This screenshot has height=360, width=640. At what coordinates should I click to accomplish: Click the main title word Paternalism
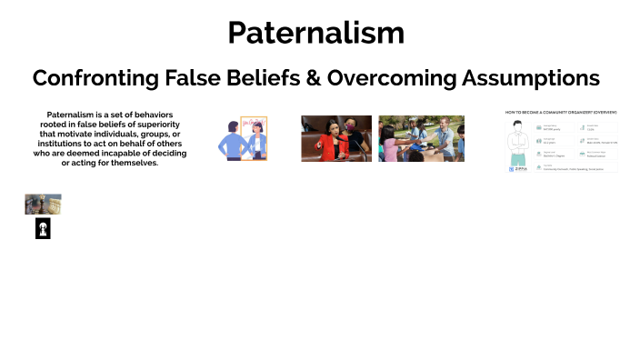(x=315, y=33)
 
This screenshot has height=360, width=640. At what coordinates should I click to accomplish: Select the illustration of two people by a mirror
(x=243, y=139)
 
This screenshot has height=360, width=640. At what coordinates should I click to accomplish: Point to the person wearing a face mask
(x=351, y=136)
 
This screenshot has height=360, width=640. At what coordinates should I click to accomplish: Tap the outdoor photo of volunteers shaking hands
(x=421, y=138)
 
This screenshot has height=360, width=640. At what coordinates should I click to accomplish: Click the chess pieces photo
(x=43, y=204)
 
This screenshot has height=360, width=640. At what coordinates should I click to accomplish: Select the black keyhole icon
(x=43, y=229)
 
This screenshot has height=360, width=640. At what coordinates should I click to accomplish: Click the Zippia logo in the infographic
(x=519, y=168)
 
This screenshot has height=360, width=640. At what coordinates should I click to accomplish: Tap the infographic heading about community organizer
(x=562, y=112)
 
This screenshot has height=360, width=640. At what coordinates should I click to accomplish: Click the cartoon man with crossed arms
(x=519, y=142)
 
